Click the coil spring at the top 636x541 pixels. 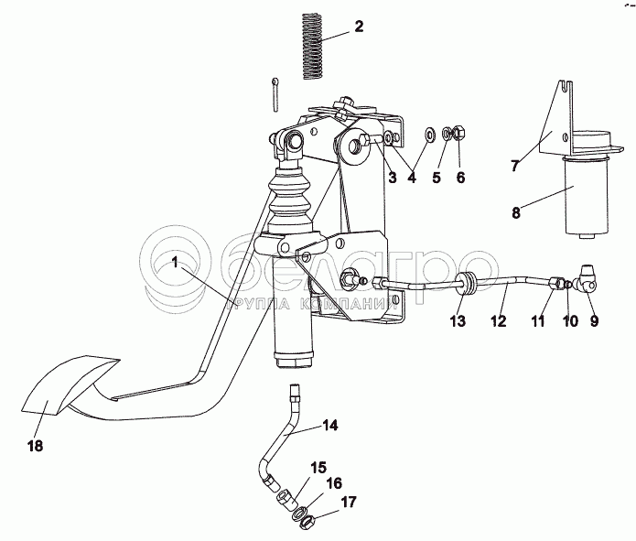point(311,46)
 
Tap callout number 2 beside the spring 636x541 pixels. point(358,27)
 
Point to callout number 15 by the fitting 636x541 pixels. point(318,467)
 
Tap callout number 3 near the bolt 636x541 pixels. point(392,179)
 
